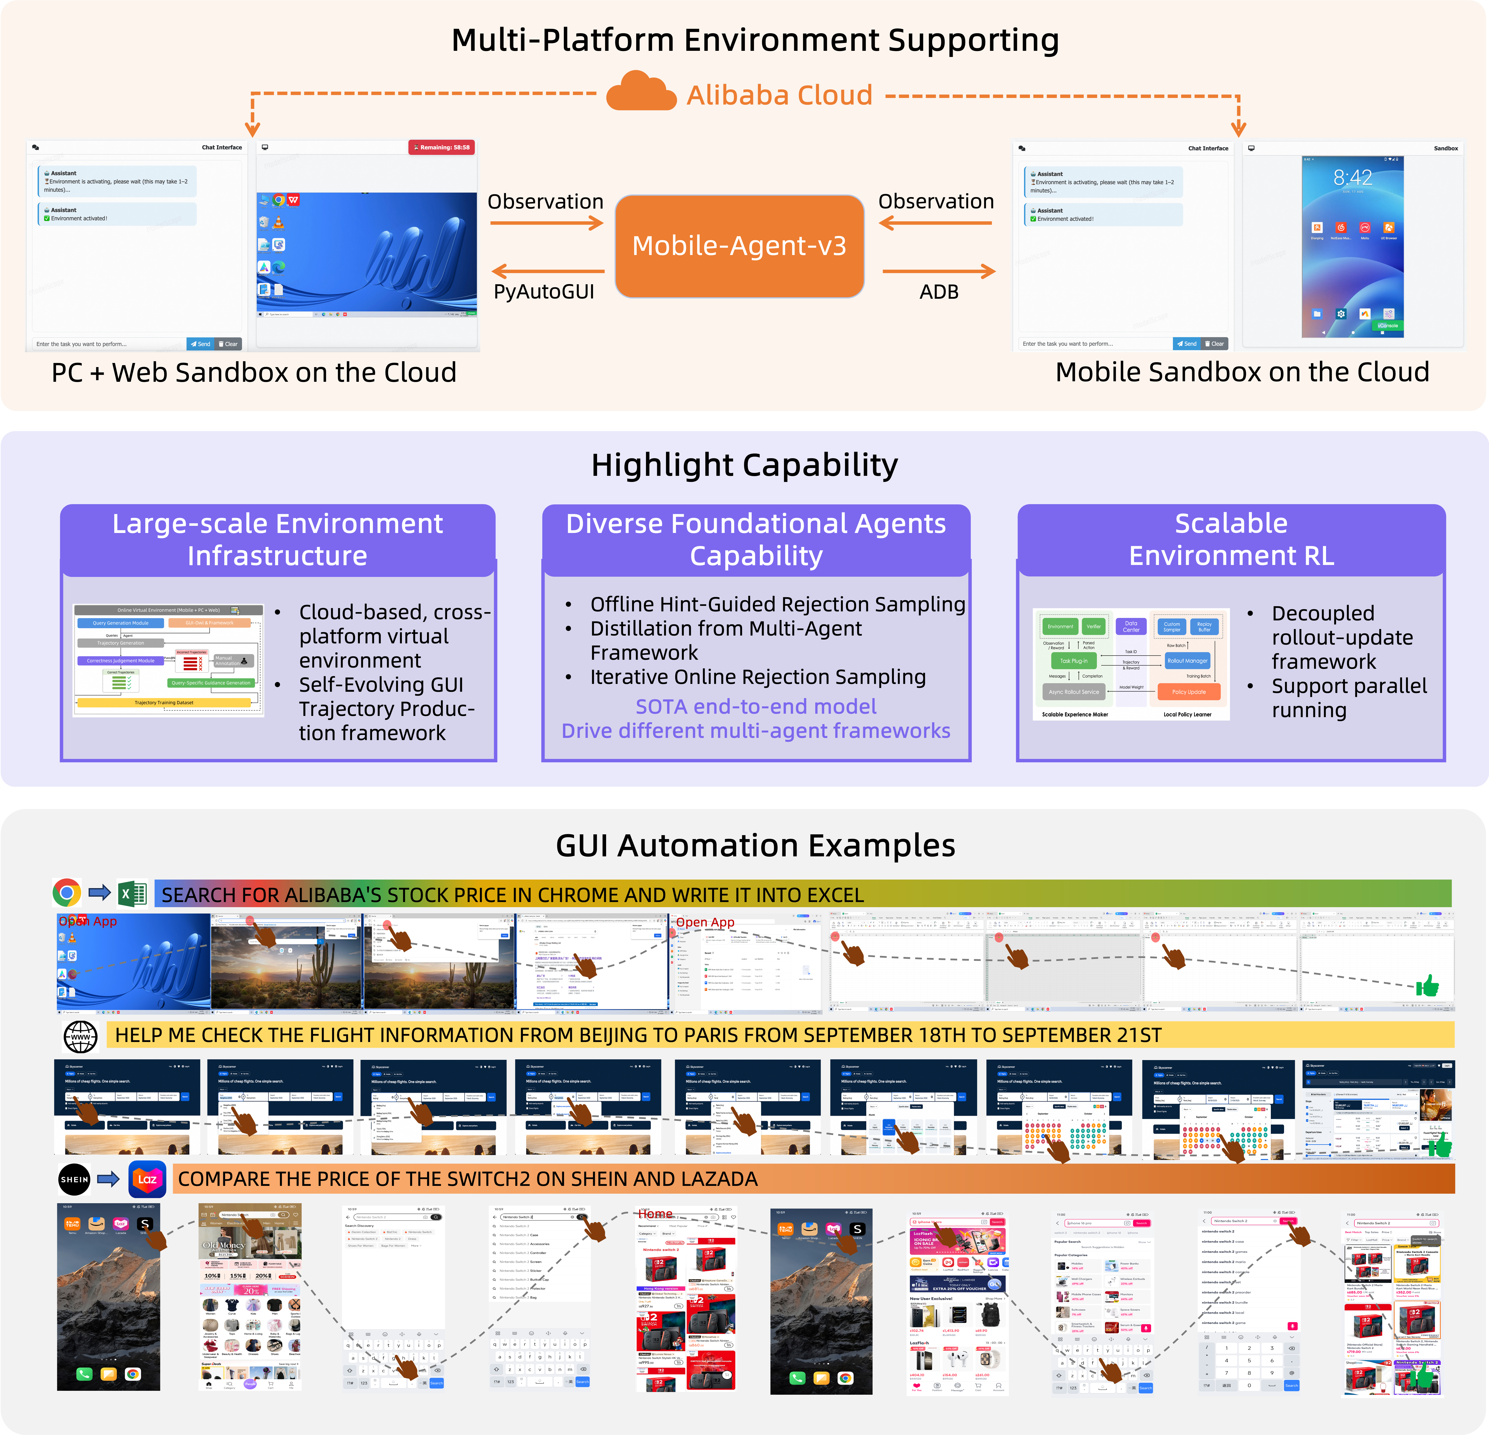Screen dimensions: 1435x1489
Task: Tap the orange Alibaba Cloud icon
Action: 641,93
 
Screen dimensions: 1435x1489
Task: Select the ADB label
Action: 939,292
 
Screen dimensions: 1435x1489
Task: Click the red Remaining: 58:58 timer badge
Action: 441,147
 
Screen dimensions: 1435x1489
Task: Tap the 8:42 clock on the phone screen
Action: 1352,178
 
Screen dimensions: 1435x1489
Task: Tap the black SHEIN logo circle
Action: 75,1179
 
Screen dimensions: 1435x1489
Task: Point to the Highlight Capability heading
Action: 745,465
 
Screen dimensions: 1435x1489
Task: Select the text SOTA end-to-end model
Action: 756,706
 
